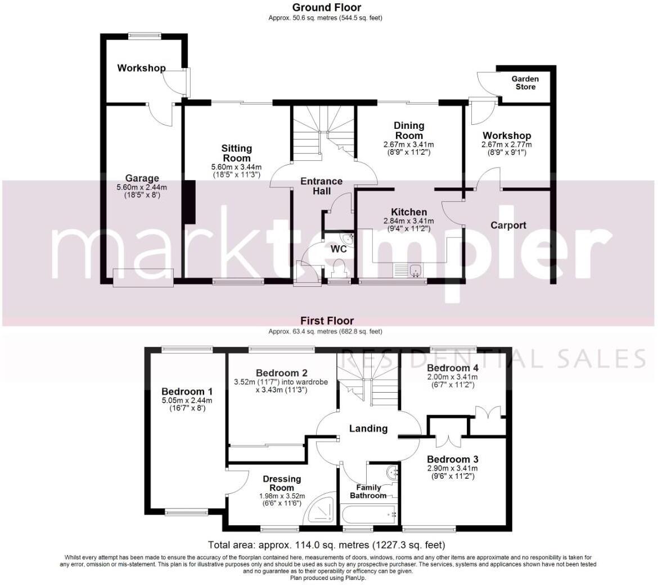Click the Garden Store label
click(525, 83)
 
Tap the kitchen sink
click(416, 271)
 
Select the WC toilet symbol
click(339, 268)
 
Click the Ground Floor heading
click(326, 7)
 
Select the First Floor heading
click(326, 321)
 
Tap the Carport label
click(508, 226)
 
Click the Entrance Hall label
click(321, 186)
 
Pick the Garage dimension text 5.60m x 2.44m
click(142, 187)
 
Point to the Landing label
click(368, 429)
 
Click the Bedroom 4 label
click(448, 368)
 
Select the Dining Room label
click(408, 130)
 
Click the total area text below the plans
click(326, 544)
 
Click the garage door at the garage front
click(143, 277)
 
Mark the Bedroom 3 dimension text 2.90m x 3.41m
click(452, 468)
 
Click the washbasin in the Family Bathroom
click(389, 471)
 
